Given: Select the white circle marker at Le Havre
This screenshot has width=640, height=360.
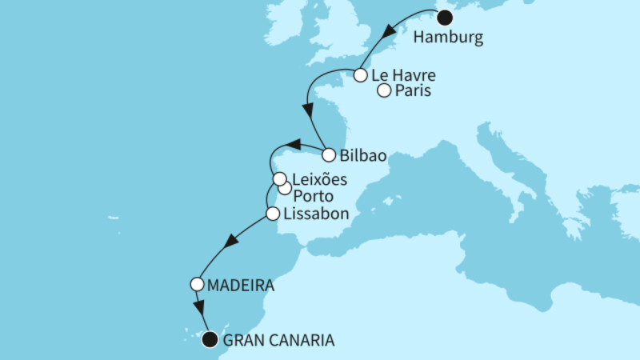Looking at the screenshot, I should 360,76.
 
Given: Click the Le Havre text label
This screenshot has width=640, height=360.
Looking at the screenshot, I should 404,76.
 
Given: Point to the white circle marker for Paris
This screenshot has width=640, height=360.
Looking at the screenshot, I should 384,91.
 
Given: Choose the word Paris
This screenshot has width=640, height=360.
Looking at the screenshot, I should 414,91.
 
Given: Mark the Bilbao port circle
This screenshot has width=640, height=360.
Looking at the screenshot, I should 329,155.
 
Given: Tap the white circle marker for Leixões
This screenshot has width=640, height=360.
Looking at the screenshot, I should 278,179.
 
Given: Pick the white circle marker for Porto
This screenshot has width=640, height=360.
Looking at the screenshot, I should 285,189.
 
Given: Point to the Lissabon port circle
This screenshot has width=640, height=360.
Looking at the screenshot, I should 272,214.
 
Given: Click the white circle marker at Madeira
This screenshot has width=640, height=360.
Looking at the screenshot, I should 196,284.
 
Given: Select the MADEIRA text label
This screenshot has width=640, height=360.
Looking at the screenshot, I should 242,284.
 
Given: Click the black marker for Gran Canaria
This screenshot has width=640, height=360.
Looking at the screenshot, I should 210,339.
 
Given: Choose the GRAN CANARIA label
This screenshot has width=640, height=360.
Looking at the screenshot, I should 281,340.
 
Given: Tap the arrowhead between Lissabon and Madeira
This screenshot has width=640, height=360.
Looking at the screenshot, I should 233,241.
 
